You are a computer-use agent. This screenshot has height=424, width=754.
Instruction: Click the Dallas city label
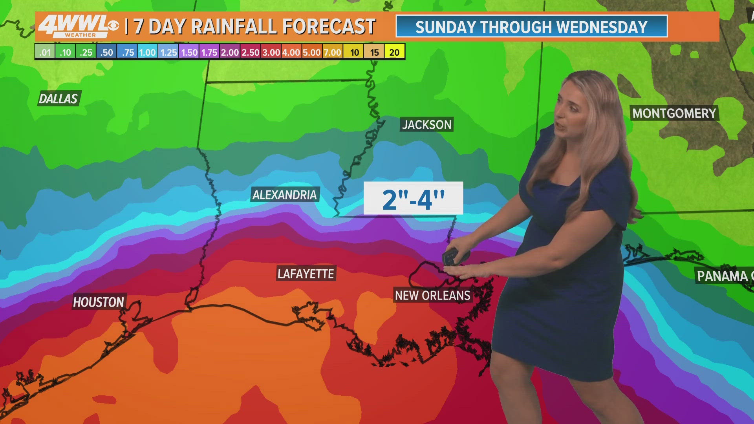click(x=59, y=99)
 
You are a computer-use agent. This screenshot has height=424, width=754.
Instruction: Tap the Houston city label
click(x=99, y=302)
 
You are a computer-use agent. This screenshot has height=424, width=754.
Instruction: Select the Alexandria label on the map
click(x=285, y=195)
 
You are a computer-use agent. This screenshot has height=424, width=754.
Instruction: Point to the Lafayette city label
click(x=306, y=274)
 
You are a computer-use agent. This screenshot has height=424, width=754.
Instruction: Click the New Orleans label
click(x=432, y=295)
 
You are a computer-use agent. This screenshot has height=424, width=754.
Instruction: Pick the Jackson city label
click(x=427, y=124)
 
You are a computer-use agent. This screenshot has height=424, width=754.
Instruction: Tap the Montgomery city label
click(x=674, y=113)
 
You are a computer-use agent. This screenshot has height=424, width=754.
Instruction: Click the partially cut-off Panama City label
click(x=724, y=276)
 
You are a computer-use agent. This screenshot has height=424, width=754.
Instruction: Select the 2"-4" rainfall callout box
click(x=413, y=198)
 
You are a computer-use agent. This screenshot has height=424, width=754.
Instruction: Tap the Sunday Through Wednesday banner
click(x=531, y=27)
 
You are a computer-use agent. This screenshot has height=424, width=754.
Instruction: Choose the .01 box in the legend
click(x=45, y=52)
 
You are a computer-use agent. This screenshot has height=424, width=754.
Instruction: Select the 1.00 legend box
click(x=147, y=52)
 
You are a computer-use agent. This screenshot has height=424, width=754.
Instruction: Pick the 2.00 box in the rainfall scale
click(x=230, y=52)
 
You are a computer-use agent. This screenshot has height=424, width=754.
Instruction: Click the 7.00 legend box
click(x=332, y=52)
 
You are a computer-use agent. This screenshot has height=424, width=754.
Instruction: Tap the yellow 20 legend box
click(x=394, y=52)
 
